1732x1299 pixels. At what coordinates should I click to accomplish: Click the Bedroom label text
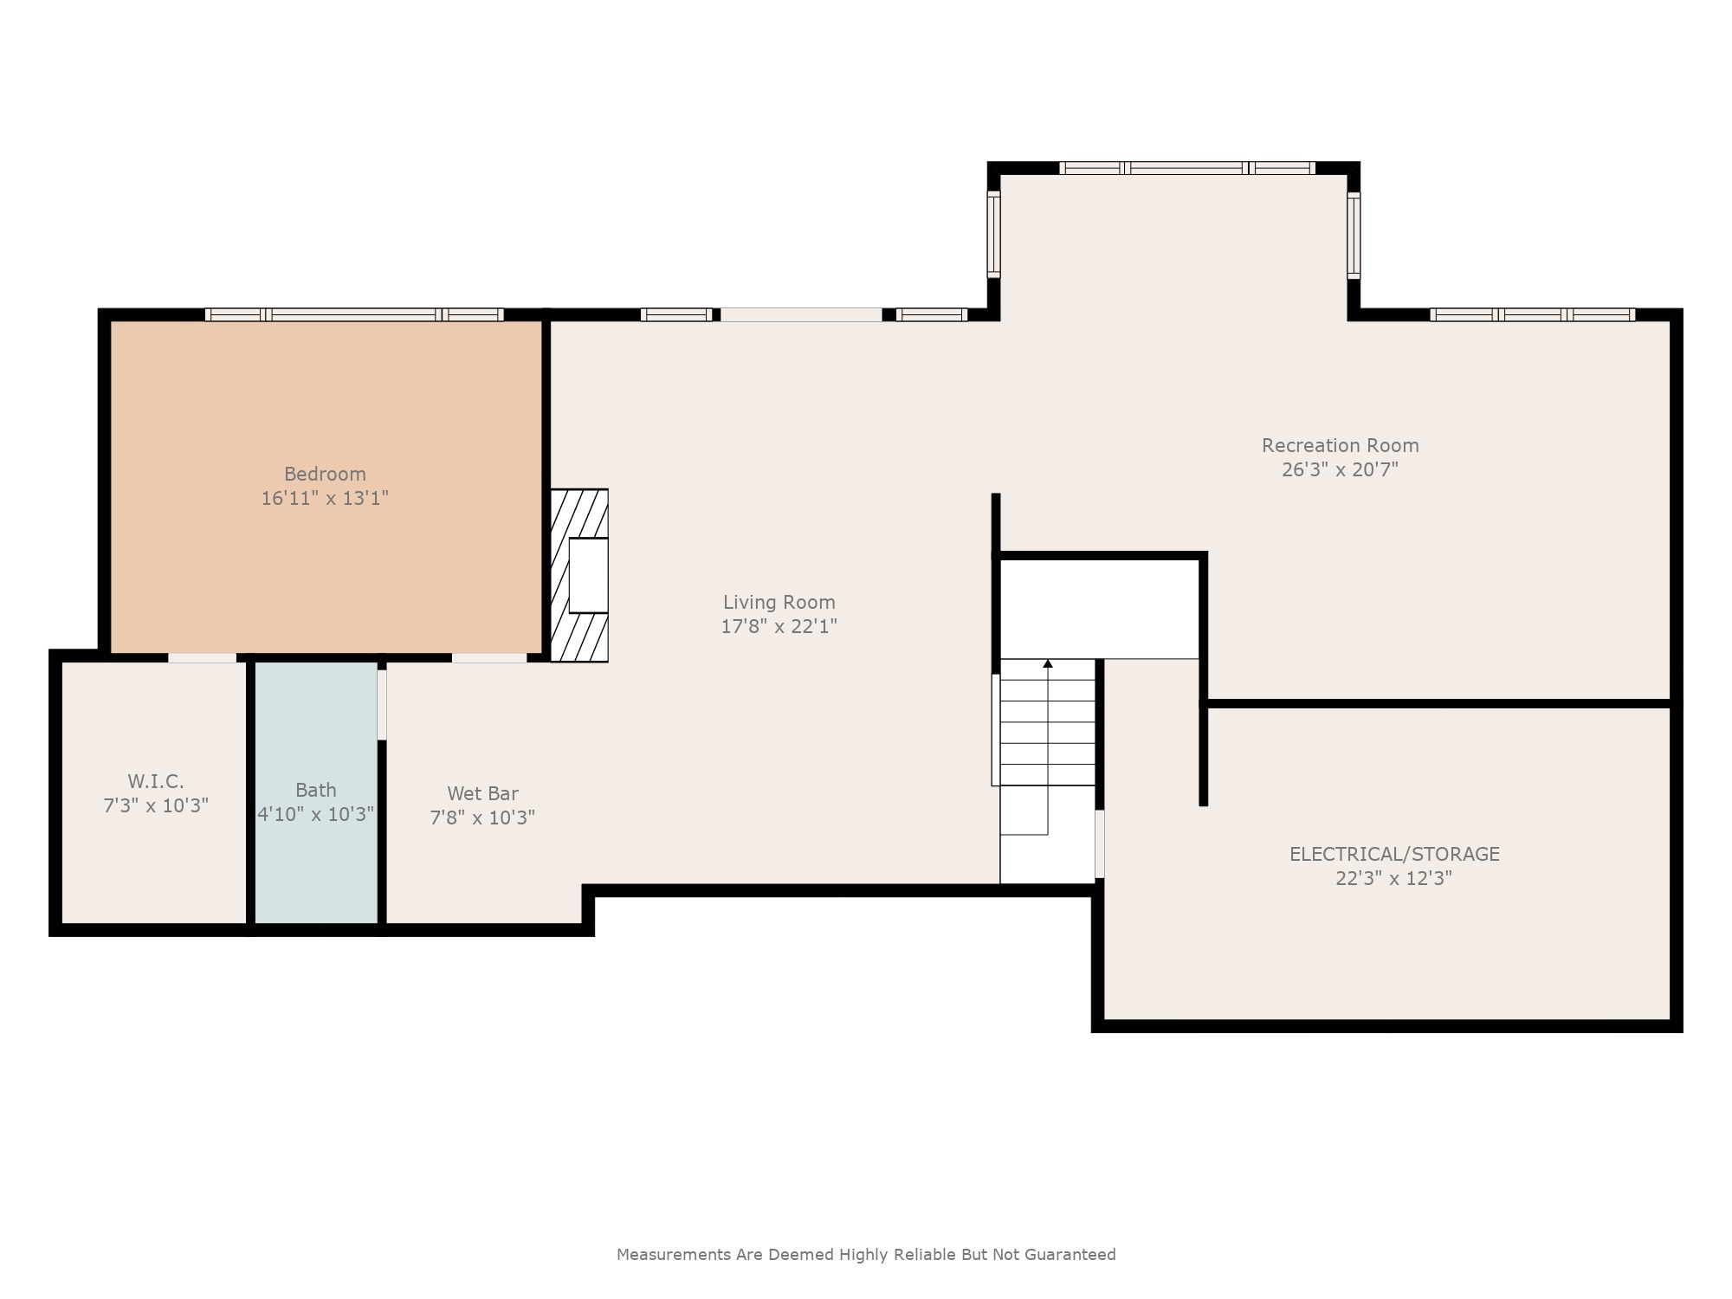[325, 474]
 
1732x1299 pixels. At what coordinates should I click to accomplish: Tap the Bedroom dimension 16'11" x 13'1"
[325, 498]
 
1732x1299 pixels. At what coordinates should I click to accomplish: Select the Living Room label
[779, 602]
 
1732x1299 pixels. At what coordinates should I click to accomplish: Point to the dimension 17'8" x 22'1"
[779, 626]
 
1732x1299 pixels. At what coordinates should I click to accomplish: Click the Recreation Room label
[1340, 445]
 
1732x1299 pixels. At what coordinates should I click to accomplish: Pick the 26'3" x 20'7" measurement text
[1340, 469]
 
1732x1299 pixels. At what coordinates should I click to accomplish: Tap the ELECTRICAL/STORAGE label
[1394, 854]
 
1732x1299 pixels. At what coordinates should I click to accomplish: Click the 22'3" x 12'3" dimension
[1393, 878]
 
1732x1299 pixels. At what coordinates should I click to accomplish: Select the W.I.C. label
[156, 781]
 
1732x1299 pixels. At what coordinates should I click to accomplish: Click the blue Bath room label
[315, 790]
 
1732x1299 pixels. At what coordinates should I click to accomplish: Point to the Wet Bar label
[482, 793]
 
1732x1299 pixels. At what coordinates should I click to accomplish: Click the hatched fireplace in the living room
[579, 576]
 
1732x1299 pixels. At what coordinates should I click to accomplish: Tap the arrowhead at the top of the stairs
[1048, 663]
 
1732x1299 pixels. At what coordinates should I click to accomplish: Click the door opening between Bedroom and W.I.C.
[202, 658]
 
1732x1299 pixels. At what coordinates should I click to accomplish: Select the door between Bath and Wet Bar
[382, 705]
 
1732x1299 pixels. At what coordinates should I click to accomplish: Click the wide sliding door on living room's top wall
[801, 315]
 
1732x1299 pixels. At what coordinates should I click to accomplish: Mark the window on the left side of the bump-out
[994, 234]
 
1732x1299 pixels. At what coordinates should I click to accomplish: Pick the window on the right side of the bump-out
[1354, 235]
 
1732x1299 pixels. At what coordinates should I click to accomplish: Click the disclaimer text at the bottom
[866, 1254]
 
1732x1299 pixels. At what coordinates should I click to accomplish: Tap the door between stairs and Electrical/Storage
[1100, 843]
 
